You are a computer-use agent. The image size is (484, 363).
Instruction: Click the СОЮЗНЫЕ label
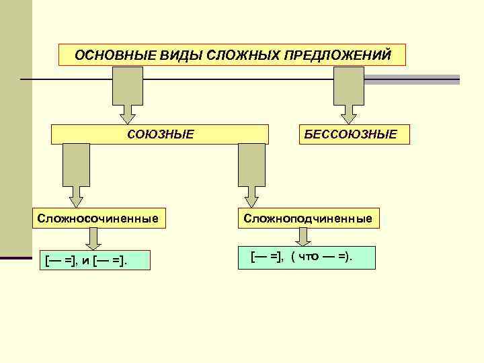(161, 134)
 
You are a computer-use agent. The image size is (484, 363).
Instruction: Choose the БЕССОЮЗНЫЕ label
(350, 134)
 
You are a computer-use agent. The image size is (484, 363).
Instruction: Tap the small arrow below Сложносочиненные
(94, 239)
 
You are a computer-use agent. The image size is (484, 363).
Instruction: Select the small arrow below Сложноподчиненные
(304, 237)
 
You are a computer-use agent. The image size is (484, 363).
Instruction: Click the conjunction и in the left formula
(87, 260)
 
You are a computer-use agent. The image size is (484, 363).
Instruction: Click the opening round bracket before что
(294, 256)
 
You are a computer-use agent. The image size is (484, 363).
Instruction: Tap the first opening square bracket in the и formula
(46, 260)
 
